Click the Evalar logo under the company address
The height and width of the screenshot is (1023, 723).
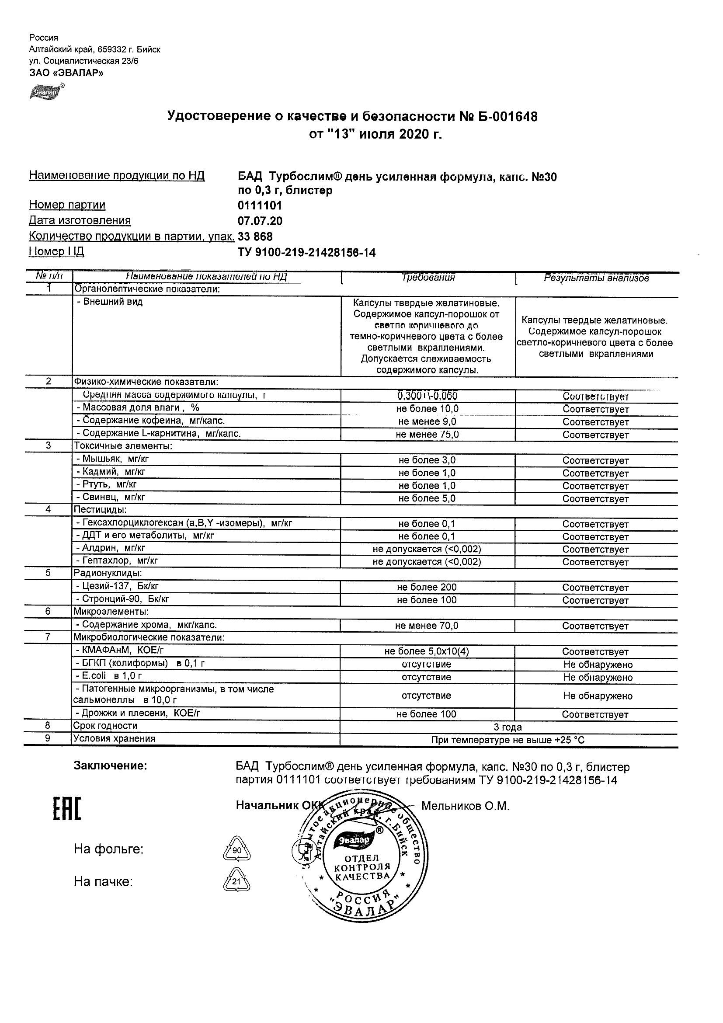pyautogui.click(x=45, y=92)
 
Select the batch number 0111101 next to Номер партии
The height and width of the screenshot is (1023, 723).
pyautogui.click(x=260, y=206)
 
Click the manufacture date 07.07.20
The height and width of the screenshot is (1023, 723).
pyautogui.click(x=260, y=222)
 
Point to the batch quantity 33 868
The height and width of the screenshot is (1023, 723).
pyautogui.click(x=255, y=237)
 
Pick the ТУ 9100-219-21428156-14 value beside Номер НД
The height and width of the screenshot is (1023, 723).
pyautogui.click(x=306, y=253)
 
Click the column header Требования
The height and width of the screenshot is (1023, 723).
pyautogui.click(x=428, y=278)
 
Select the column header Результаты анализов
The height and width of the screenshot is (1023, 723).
pyautogui.click(x=596, y=278)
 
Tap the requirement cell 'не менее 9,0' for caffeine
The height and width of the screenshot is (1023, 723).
pyautogui.click(x=427, y=422)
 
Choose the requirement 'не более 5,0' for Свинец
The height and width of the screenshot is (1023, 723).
pyautogui.click(x=427, y=498)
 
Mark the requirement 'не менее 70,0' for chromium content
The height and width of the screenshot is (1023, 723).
pyautogui.click(x=426, y=626)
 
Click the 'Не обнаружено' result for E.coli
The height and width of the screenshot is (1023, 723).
pyautogui.click(x=598, y=678)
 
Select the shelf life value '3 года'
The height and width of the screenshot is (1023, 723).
pyautogui.click(x=507, y=727)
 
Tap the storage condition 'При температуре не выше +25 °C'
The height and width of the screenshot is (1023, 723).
pyautogui.click(x=507, y=740)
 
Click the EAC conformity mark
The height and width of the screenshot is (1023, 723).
pyautogui.click(x=67, y=809)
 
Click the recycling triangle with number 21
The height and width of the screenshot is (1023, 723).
pyautogui.click(x=236, y=881)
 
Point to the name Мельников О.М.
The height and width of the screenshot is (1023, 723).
pyautogui.click(x=465, y=806)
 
